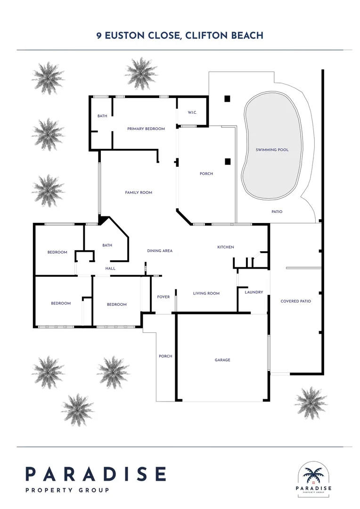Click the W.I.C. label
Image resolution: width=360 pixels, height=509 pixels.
pos(192,112)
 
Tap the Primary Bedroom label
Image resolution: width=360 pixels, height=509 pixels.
pos(146,129)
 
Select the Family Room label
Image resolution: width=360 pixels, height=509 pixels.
pos(139,192)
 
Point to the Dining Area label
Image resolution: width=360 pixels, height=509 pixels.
pos(160,251)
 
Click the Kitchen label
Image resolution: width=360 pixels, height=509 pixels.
pos(225,247)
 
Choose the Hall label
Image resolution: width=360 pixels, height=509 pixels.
pos(110,268)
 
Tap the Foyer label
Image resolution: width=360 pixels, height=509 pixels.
pos(164,297)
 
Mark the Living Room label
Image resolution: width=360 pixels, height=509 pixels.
pos(206,293)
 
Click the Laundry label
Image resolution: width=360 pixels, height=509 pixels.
pos(254,292)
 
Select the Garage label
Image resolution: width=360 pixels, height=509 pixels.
pos(222,360)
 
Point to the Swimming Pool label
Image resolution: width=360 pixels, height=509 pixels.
pos(272,150)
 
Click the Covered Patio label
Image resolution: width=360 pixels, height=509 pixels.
pos(295,301)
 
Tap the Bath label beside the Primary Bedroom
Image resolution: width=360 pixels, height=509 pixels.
pos(102,115)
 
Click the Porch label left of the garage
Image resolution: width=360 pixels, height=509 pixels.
pos(165,356)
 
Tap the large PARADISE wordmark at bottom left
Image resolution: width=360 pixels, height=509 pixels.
pos(96,474)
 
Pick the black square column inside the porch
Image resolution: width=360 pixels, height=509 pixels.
pos(228,161)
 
